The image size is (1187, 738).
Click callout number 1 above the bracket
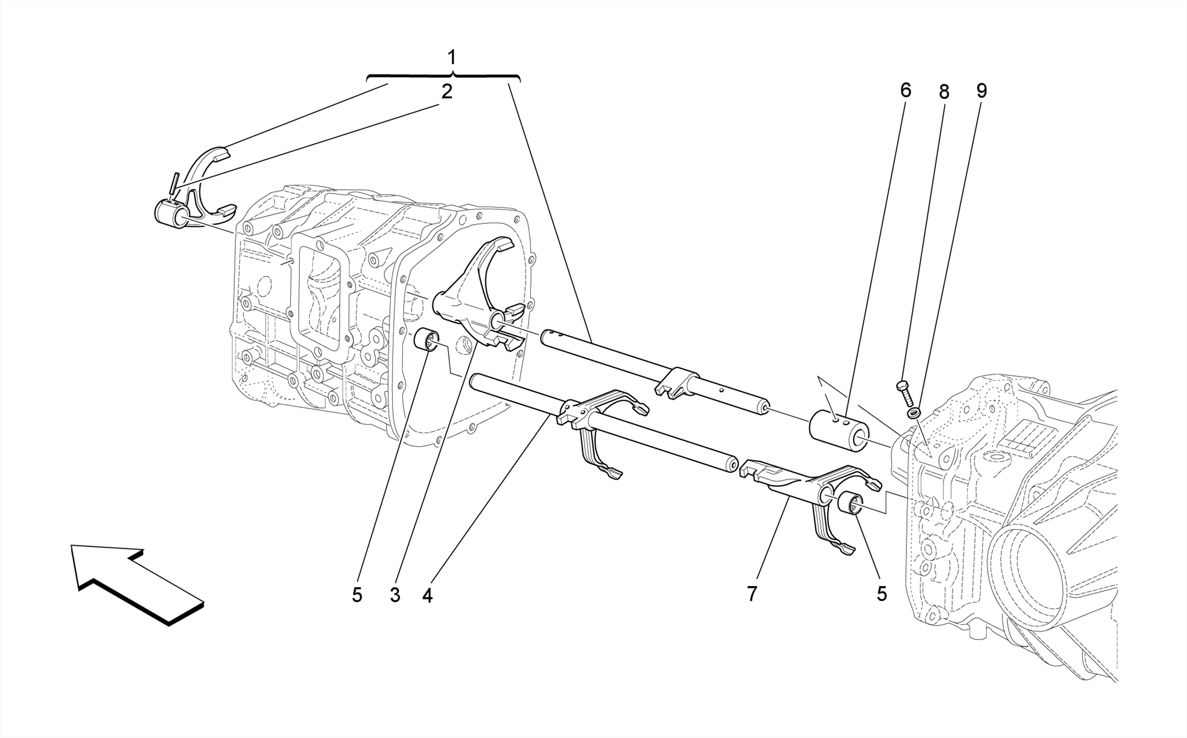tap(452, 58)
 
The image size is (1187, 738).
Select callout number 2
tap(446, 92)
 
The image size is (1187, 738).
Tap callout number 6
tap(905, 91)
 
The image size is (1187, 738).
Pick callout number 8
tap(944, 92)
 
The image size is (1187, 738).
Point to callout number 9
tap(981, 91)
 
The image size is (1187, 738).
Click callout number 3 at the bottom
tap(395, 595)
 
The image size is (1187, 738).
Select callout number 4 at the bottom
tap(427, 595)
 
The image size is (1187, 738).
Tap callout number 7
tap(752, 594)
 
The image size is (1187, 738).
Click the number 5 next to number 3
tap(356, 595)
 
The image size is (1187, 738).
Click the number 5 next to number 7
tap(882, 594)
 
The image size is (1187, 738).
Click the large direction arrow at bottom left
tap(136, 583)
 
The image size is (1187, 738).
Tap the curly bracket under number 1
tap(444, 76)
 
